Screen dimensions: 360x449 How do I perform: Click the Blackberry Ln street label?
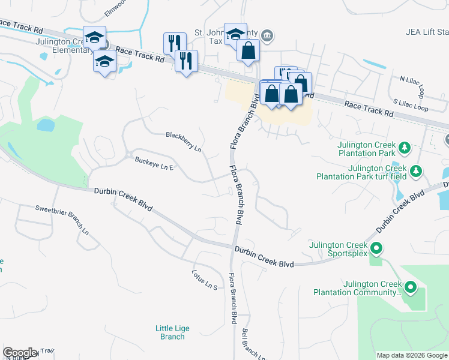[184, 142]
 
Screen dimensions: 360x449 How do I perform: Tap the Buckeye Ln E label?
[154, 163]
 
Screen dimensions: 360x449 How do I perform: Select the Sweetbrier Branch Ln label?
[62, 219]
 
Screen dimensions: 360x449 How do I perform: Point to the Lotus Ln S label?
[204, 277]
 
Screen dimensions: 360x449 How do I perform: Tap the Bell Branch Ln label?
[253, 344]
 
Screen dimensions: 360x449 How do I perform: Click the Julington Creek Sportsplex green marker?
[376, 247]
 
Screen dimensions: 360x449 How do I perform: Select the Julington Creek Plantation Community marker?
[411, 288]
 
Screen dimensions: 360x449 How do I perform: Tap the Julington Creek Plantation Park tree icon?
[405, 147]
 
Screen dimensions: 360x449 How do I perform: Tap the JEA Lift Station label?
[427, 32]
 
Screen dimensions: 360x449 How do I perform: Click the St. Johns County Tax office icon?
[268, 35]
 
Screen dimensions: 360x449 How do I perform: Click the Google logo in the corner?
[20, 353]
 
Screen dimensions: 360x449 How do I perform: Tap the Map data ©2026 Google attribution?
[412, 355]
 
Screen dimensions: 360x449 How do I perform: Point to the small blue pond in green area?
[46, 125]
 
